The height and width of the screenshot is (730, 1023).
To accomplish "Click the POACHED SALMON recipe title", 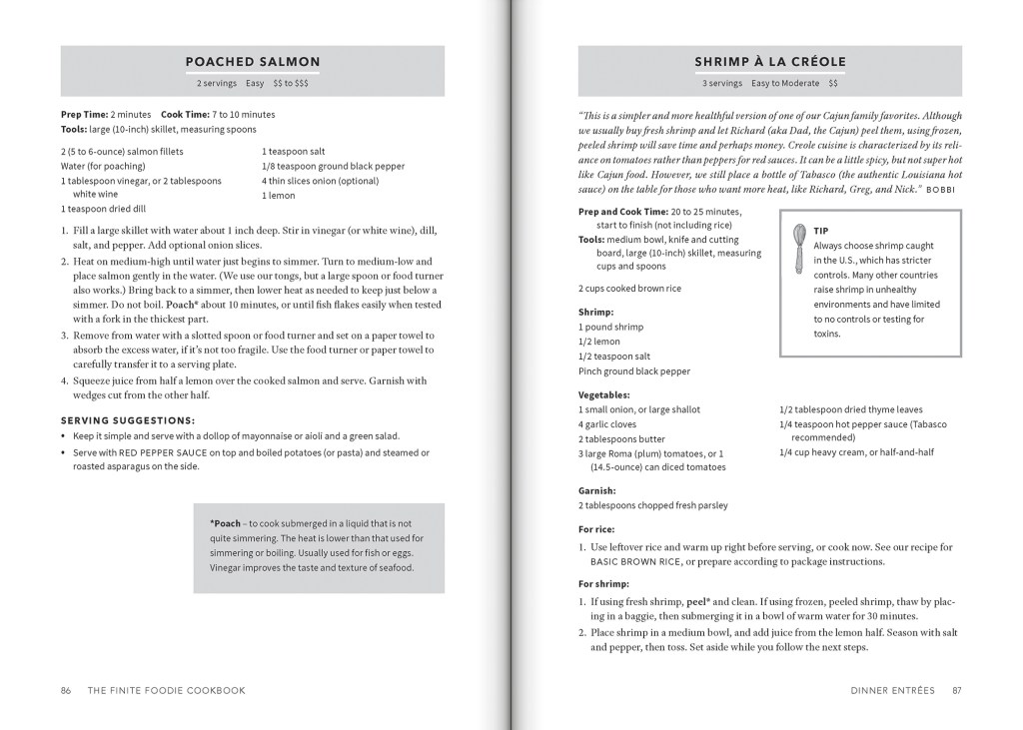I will click(x=253, y=62).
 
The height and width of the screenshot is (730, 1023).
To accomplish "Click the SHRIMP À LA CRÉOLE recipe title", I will click(x=769, y=62).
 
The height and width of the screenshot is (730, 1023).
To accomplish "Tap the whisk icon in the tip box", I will click(x=799, y=249).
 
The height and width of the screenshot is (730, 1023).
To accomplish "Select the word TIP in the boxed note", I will click(x=821, y=231).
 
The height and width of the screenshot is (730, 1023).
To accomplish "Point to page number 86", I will click(x=66, y=690).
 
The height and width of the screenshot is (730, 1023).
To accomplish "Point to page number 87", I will click(x=956, y=690).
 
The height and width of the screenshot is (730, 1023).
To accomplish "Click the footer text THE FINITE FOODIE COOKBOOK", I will click(x=167, y=690).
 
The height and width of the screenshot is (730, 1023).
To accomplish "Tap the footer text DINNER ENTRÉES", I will click(x=893, y=690).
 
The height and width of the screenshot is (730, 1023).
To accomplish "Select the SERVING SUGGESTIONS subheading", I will click(x=128, y=420).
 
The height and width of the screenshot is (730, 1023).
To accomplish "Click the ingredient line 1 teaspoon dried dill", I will click(x=103, y=210).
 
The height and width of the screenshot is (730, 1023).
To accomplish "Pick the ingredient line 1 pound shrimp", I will click(x=610, y=327).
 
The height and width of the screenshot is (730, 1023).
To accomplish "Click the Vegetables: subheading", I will click(x=604, y=394).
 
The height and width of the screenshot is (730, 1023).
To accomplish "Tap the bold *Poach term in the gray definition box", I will click(x=225, y=523).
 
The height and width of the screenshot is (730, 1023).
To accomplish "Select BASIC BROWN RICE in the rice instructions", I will click(x=636, y=562).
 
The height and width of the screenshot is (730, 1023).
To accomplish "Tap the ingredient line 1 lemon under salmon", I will click(x=279, y=196).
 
